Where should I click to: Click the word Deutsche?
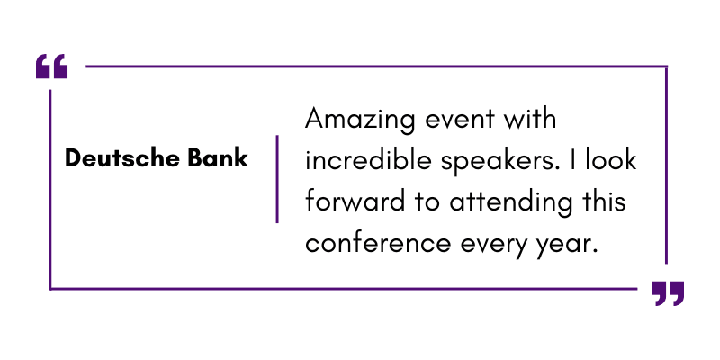[122, 158]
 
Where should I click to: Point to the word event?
[460, 120]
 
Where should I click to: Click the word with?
[529, 119]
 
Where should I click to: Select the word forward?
[355, 201]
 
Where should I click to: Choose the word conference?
[378, 242]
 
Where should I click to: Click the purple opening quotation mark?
[51, 66]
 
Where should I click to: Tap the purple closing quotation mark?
[668, 293]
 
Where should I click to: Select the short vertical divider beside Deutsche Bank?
[277, 179]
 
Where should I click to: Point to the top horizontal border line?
[376, 67]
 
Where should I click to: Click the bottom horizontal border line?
[344, 289]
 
